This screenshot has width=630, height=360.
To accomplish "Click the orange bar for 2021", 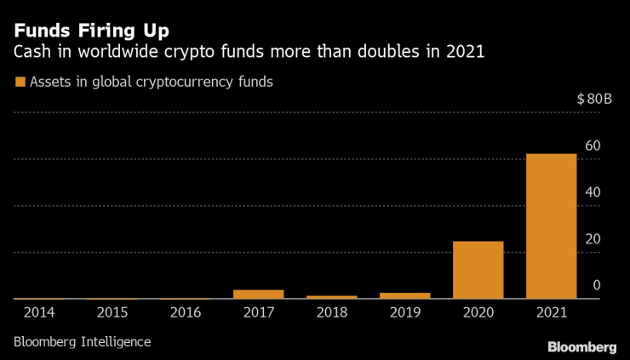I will click(x=551, y=226).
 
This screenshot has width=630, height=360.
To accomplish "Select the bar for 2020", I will click(x=478, y=270).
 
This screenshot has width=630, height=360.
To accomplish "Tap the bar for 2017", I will click(x=258, y=294).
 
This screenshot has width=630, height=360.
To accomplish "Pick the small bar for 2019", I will click(x=404, y=295).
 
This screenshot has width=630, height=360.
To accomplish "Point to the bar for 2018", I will click(x=331, y=297).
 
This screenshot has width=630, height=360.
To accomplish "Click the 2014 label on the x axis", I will click(x=39, y=313).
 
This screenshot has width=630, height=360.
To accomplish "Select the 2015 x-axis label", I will click(x=112, y=313).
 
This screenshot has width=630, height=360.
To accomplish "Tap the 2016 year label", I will click(x=186, y=313).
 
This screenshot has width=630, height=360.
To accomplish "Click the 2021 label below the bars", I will click(x=551, y=313).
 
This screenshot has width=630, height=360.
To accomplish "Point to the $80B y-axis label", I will click(x=594, y=99).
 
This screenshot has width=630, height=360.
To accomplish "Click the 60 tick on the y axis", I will click(x=593, y=146).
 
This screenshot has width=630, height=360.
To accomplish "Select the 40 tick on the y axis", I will click(x=593, y=192).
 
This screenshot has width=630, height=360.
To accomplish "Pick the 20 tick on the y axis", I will click(x=593, y=239).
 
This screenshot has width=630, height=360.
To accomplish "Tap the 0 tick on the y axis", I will click(x=597, y=285).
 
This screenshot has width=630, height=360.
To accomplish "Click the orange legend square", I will click(x=19, y=83).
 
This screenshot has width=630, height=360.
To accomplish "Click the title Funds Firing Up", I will click(x=91, y=30).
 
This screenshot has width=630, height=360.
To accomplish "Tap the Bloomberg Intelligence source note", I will click(x=82, y=341).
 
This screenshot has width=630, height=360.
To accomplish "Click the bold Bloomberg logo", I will click(x=581, y=346).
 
